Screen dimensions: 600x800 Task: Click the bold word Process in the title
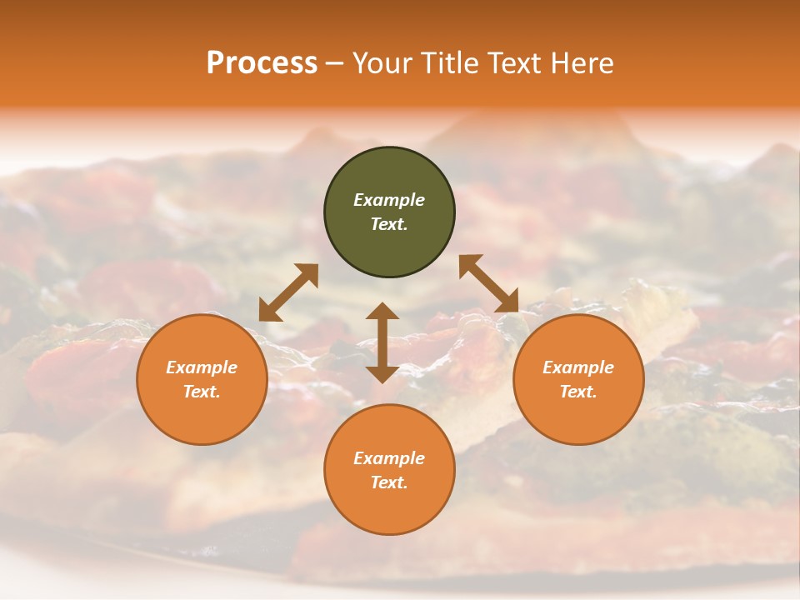pyautogui.click(x=262, y=63)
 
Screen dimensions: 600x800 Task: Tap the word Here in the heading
pyautogui.click(x=583, y=63)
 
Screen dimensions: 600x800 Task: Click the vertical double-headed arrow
pyautogui.click(x=382, y=342)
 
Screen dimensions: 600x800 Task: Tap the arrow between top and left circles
pyautogui.click(x=288, y=292)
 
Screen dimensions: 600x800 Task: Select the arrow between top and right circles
pyautogui.click(x=488, y=283)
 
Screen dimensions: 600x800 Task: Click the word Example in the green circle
pyautogui.click(x=389, y=200)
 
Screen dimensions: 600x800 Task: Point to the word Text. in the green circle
pyautogui.click(x=389, y=224)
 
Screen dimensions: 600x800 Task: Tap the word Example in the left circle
pyautogui.click(x=202, y=367)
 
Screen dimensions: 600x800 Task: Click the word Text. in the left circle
pyautogui.click(x=202, y=392)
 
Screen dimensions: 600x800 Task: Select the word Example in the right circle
pyautogui.click(x=578, y=367)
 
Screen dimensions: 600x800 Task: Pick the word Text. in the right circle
pyautogui.click(x=578, y=392)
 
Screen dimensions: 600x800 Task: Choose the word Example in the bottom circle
pyautogui.click(x=389, y=458)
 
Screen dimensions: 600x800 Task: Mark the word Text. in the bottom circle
pyautogui.click(x=389, y=482)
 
